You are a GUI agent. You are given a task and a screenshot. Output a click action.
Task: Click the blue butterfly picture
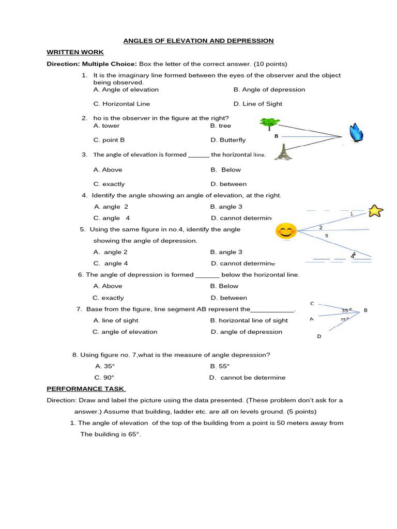[x=356, y=133]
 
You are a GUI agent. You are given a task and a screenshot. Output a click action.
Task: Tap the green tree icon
[x=269, y=123]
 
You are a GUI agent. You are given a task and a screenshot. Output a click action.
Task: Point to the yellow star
[x=375, y=211]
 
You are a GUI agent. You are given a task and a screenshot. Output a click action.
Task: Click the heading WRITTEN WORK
[x=75, y=52]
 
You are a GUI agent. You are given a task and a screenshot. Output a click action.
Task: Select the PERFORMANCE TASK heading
[x=86, y=388]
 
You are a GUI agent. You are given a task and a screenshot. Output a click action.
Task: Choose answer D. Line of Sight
[x=257, y=104]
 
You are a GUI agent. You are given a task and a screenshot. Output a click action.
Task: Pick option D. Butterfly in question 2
[x=228, y=140]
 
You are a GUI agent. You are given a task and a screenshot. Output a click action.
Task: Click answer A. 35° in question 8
[x=105, y=366]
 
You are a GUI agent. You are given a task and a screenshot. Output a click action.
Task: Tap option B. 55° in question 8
[x=220, y=366]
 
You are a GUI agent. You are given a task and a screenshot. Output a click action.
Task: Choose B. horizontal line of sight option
[x=249, y=320]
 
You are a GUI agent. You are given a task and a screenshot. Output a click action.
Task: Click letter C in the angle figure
[x=312, y=303]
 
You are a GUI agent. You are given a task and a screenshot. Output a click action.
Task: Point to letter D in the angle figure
[x=319, y=336]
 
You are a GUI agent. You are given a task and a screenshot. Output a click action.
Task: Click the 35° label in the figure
[x=346, y=310]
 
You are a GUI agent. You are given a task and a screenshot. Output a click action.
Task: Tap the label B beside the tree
[x=277, y=136]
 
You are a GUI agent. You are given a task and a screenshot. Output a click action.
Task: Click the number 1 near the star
[x=352, y=213]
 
